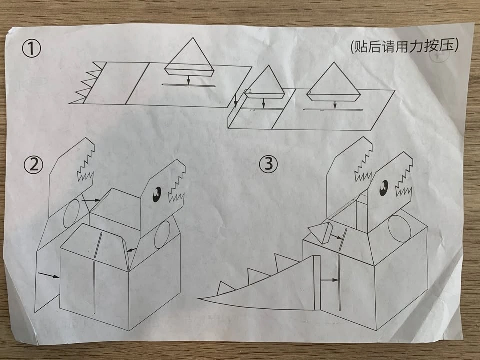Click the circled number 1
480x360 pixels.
coord(31,49)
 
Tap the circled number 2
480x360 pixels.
coord(34,165)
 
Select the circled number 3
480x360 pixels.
coord(269,164)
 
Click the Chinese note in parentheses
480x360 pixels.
coord(404,46)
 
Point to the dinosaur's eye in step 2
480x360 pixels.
coord(157,194)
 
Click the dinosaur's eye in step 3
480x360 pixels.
coord(384,188)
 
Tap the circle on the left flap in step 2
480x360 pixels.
coord(72,213)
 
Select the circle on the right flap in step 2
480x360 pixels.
coord(162,235)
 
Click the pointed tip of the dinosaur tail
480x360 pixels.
coord(199,299)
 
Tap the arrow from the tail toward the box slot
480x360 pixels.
coord(329,280)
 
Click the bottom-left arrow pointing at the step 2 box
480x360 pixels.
coord(49,275)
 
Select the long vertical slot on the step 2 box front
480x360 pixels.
coord(94,287)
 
